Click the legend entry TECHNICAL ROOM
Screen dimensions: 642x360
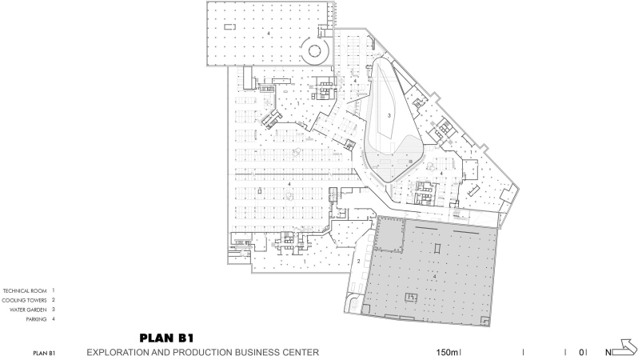point(25,290)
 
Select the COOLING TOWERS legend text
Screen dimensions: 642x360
point(24,300)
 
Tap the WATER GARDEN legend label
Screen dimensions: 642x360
point(28,310)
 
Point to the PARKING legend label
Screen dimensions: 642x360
point(36,319)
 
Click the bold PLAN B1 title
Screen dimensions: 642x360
point(166,338)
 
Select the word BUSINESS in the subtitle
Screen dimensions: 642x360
point(257,352)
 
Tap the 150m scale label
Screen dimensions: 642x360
point(447,352)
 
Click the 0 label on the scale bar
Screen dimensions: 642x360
point(581,352)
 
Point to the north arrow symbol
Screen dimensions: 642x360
point(628,347)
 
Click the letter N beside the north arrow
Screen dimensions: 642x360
point(609,352)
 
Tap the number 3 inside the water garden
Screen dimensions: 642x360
point(389,115)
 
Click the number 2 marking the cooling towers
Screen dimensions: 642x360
point(359,262)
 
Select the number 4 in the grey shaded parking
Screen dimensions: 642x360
point(434,277)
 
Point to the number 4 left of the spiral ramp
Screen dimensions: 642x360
point(269,34)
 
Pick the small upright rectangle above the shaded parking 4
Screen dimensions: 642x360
point(437,249)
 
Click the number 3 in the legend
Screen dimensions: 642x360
point(54,310)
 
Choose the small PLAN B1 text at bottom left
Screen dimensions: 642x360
point(44,353)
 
